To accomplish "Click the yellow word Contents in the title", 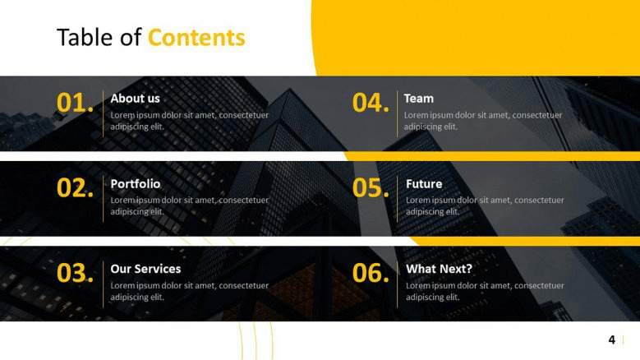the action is pos(196,38).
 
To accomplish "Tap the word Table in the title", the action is pos(85,37).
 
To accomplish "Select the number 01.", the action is pos(75,103).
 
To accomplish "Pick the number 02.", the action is pos(75,187).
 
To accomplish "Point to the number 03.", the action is pos(75,273).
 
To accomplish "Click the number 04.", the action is pos(371,103).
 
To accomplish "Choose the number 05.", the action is pos(371,187).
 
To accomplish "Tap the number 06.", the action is pos(371,273).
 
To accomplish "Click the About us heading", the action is pos(135,99).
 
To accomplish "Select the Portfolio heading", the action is pos(136,184).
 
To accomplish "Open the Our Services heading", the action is pos(145,269).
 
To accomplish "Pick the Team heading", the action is pos(419,99).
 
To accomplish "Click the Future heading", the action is pos(424,184).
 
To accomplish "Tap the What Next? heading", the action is pos(440,269).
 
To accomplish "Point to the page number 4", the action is pos(611,339).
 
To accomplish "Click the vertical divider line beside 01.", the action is pos(104,114).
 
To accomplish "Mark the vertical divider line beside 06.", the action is pos(397,284).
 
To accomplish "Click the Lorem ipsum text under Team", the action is pos(483,121).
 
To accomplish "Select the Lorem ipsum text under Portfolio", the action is pos(190,205).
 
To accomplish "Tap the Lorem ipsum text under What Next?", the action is pos(485,291).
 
